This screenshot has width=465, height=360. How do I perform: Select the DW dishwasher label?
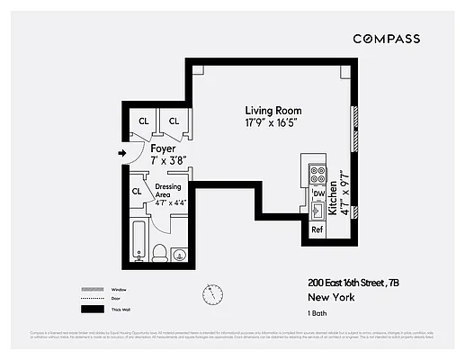coord(317,193)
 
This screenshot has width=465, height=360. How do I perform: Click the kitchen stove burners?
coord(317,172)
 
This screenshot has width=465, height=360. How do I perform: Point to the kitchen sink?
coord(317,211)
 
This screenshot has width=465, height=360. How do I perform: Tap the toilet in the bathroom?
coord(158,251)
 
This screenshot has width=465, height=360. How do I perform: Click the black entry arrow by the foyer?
coord(122,153)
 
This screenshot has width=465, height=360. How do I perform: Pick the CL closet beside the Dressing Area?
coord(138,191)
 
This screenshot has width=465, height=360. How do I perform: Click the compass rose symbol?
coord(212,294)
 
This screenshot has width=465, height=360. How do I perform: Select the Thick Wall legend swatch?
coord(94,310)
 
